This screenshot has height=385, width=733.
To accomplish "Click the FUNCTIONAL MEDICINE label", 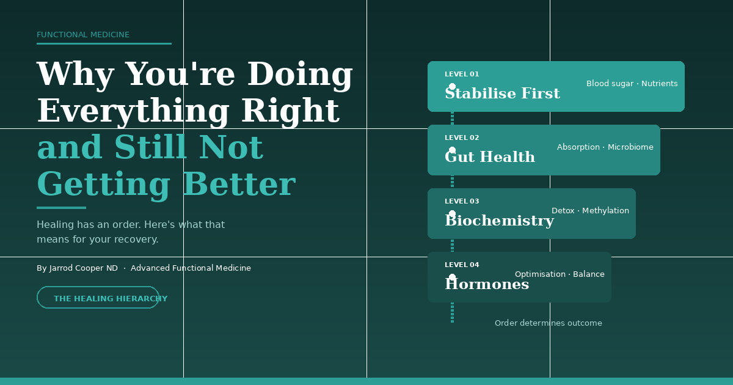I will pos(83,35).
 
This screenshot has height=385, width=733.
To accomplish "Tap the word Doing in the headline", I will pos(300,74).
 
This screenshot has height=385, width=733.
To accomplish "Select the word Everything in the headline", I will pos(132,111).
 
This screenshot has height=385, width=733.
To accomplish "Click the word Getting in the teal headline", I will pos(103,185).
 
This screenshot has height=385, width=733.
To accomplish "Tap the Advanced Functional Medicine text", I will pos(191,268).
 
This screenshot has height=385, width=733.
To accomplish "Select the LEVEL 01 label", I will pos(462,75).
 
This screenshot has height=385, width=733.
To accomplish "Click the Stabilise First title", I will pos(502,94).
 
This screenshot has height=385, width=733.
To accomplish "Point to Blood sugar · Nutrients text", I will pos(632,84).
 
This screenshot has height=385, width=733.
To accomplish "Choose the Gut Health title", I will pos(490,158).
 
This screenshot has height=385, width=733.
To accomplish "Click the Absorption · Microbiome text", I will pos(605,147).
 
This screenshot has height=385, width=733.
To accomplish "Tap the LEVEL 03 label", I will pos(462,202).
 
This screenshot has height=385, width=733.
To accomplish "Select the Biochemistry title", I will pos(499,221).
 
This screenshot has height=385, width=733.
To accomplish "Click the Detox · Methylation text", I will pos(590,211).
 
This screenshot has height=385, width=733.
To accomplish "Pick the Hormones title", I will pos(487,285).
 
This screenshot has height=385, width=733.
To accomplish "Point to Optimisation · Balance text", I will pos(560,274).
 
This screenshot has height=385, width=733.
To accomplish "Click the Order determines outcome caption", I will pos(548,323).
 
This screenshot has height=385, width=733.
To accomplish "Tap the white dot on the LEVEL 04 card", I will pos(452,277).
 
